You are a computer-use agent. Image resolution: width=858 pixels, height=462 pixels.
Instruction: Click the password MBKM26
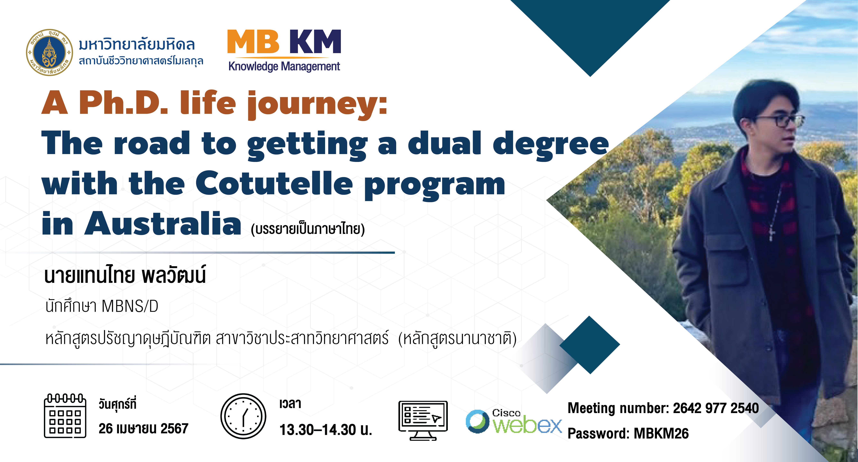[661, 433]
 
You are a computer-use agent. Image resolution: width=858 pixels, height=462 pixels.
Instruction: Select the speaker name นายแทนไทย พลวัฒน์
[125, 275]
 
